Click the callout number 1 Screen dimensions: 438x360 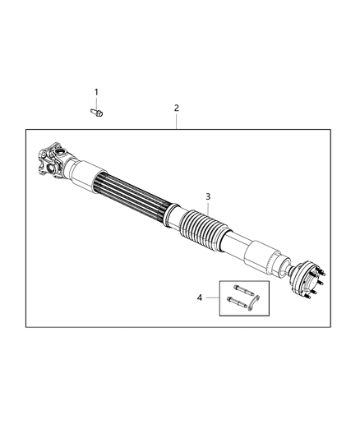pyautogui.click(x=95, y=92)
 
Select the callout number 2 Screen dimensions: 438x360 pyautogui.click(x=176, y=108)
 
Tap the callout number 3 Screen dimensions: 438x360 pyautogui.click(x=208, y=196)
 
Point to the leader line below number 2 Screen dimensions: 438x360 pyautogui.click(x=176, y=120)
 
